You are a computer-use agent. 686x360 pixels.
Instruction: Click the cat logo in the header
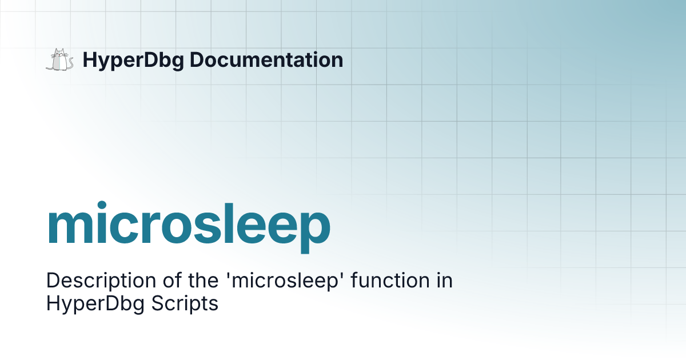click(59, 60)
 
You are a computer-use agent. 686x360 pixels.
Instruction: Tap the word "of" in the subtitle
click(151, 281)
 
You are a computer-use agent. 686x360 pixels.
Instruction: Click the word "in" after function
click(444, 281)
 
